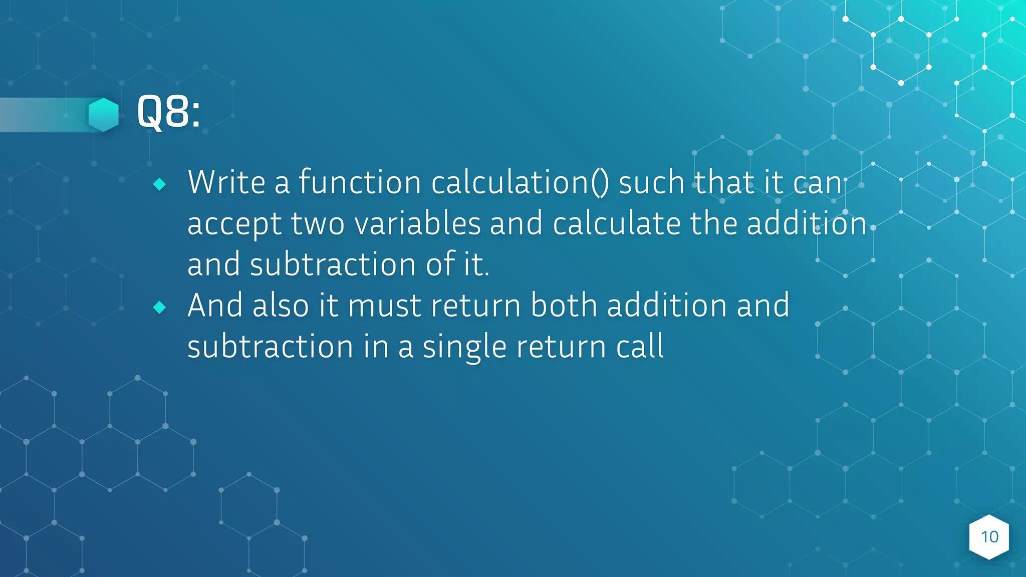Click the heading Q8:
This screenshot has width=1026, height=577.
click(x=168, y=112)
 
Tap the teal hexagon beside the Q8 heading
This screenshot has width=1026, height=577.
click(x=103, y=115)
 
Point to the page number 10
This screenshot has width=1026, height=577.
click(x=989, y=537)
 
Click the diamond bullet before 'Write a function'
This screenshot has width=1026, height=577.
click(x=160, y=184)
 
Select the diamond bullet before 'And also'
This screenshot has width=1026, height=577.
click(x=160, y=307)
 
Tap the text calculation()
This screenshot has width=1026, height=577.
click(x=520, y=183)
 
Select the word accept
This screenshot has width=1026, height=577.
click(x=234, y=224)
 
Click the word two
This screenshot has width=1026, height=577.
click(x=318, y=223)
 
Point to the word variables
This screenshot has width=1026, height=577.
click(x=417, y=223)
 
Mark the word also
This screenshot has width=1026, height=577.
click(x=281, y=306)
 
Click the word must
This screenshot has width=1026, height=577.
click(x=384, y=307)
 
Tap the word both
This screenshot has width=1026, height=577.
click(x=564, y=306)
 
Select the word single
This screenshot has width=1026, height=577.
click(x=464, y=348)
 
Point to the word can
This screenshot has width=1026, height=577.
click(x=817, y=183)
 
